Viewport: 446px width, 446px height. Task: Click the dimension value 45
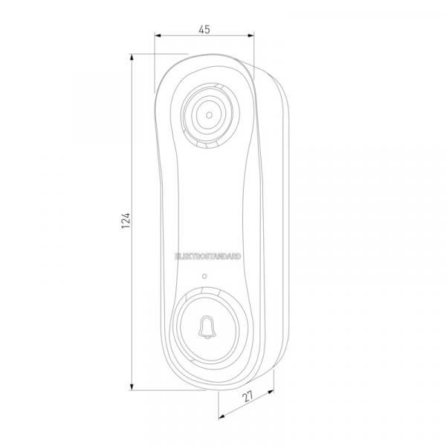[204, 29]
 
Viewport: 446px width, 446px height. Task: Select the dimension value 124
[126, 221]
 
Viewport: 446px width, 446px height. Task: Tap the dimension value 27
[248, 396]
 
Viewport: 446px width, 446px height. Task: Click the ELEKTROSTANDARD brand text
[208, 256]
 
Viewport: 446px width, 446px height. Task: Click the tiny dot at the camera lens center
[209, 115]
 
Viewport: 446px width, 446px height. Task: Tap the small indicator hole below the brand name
[204, 277]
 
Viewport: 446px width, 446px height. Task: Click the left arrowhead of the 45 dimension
[158, 36]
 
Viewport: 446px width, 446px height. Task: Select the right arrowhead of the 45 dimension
[251, 36]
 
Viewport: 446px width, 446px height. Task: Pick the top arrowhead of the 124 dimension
[132, 57]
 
